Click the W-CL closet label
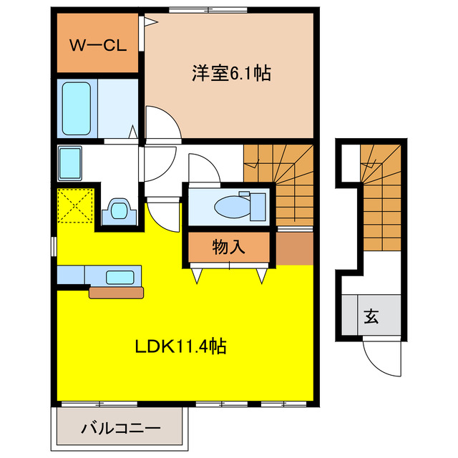point(98,45)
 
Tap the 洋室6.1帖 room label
point(231,73)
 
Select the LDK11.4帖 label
point(180,346)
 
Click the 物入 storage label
point(228,247)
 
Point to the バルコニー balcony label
point(121,428)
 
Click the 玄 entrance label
point(371,316)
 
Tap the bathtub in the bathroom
point(77,108)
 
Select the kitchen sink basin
point(120,277)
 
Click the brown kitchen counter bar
point(116,293)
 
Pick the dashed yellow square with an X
point(75,205)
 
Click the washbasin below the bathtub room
point(70,164)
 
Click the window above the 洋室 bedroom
point(208,10)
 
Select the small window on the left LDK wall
point(54,246)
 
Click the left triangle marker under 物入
point(197,276)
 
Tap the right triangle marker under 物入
point(262,276)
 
